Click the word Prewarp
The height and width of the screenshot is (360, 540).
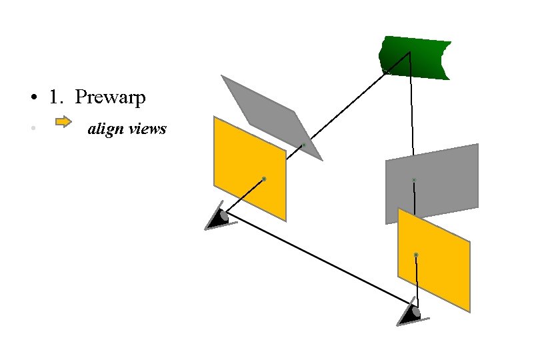click(x=110, y=97)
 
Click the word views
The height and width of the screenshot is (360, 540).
click(x=147, y=129)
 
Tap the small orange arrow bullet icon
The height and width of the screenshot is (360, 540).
click(x=63, y=122)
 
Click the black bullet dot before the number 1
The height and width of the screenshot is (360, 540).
click(x=32, y=99)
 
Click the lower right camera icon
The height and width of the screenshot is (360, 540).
click(x=412, y=313)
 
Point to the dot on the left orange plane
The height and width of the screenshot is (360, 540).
click(x=264, y=179)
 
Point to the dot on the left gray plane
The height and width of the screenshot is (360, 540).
click(x=304, y=144)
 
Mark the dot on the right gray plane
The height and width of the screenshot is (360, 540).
click(x=414, y=180)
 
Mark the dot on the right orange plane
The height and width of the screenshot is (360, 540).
click(x=416, y=255)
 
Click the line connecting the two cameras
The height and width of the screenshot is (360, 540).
click(x=320, y=260)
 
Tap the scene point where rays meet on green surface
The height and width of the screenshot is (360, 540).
click(x=409, y=53)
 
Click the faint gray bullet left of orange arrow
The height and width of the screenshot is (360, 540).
click(x=32, y=128)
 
